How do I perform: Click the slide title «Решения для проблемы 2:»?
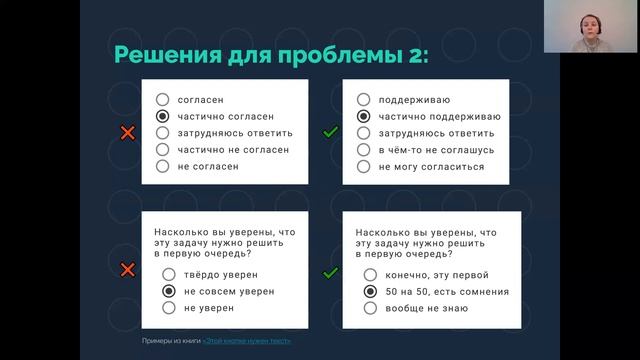click(x=271, y=54)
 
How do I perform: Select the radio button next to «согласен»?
click(x=162, y=100)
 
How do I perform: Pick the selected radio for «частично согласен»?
click(x=162, y=116)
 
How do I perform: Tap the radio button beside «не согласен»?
click(x=162, y=166)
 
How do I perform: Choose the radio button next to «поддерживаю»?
click(x=363, y=100)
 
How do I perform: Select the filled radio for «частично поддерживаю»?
click(x=363, y=116)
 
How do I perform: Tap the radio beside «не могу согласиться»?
click(x=363, y=166)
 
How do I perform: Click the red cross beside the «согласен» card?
click(x=127, y=133)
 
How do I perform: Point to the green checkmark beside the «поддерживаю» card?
click(x=329, y=133)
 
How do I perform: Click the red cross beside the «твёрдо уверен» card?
click(x=127, y=270)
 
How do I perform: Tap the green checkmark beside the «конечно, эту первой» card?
click(x=329, y=270)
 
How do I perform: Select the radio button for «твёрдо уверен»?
click(x=169, y=274)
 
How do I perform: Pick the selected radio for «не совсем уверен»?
click(x=169, y=291)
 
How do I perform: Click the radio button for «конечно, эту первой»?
click(x=370, y=274)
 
